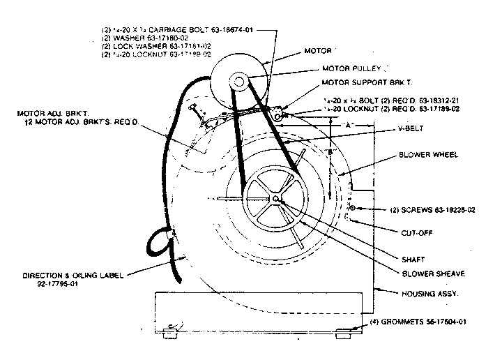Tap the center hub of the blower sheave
tap(277, 200)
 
